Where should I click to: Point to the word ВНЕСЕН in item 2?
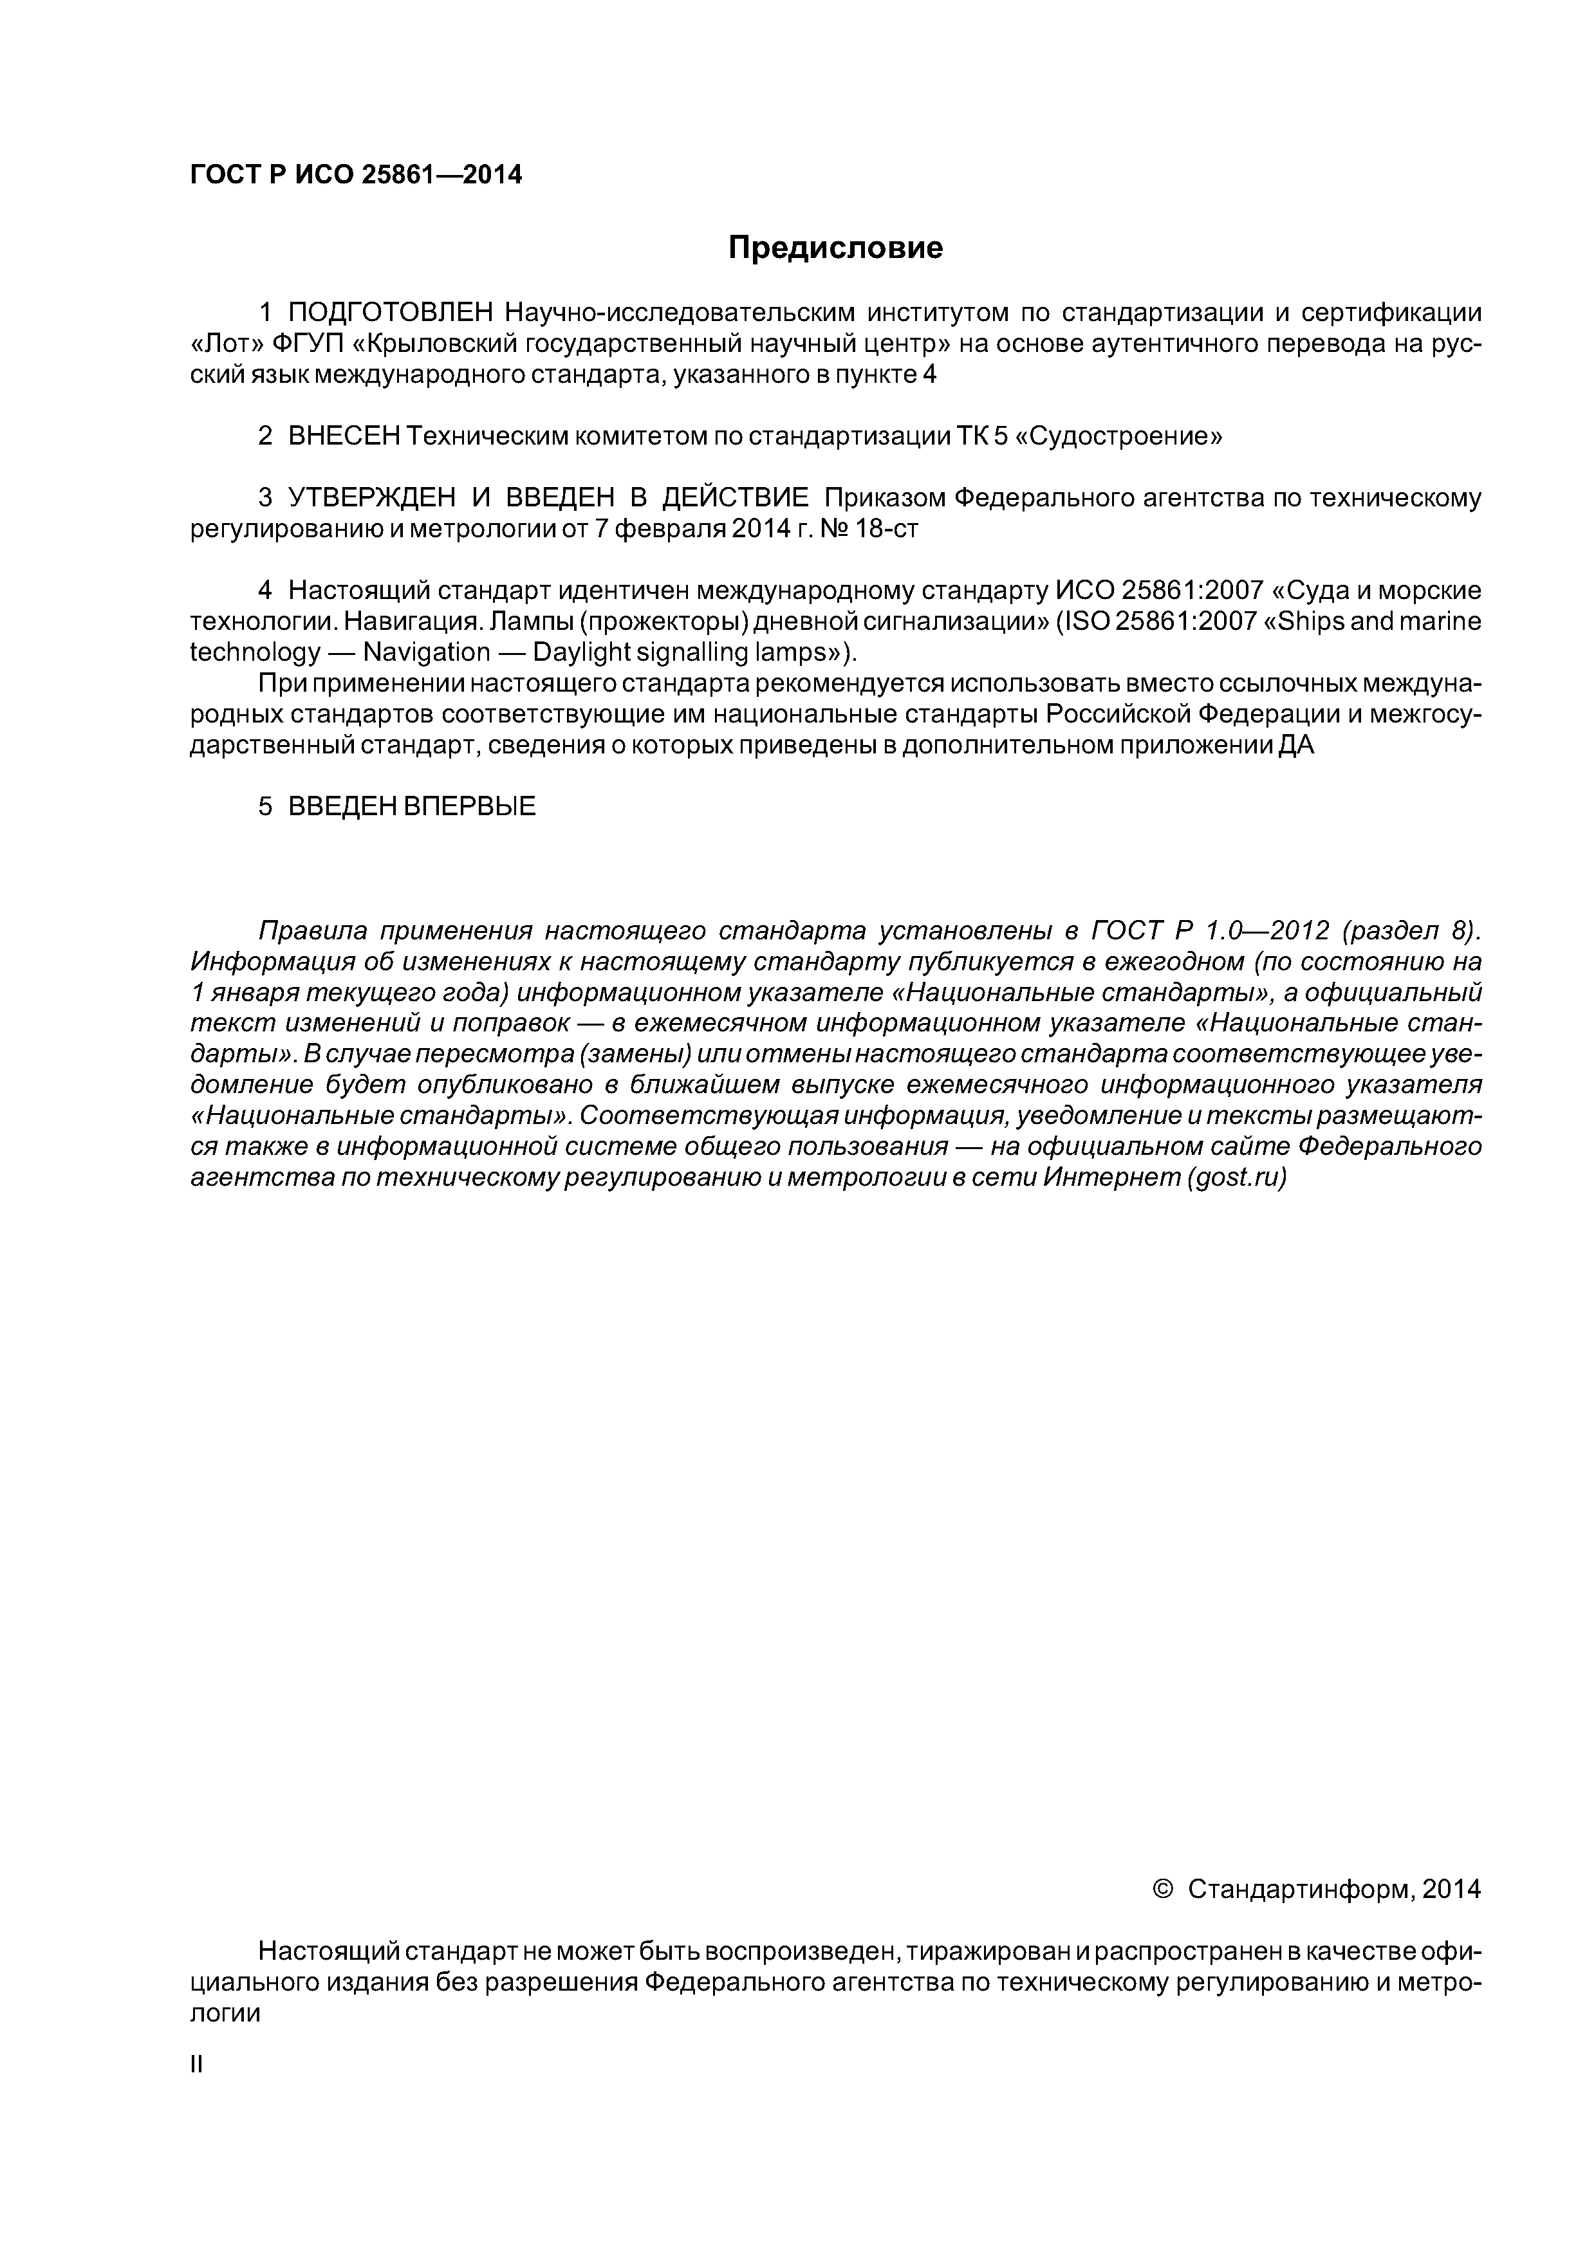tap(344, 436)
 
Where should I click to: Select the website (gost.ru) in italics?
tap(1237, 1177)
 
